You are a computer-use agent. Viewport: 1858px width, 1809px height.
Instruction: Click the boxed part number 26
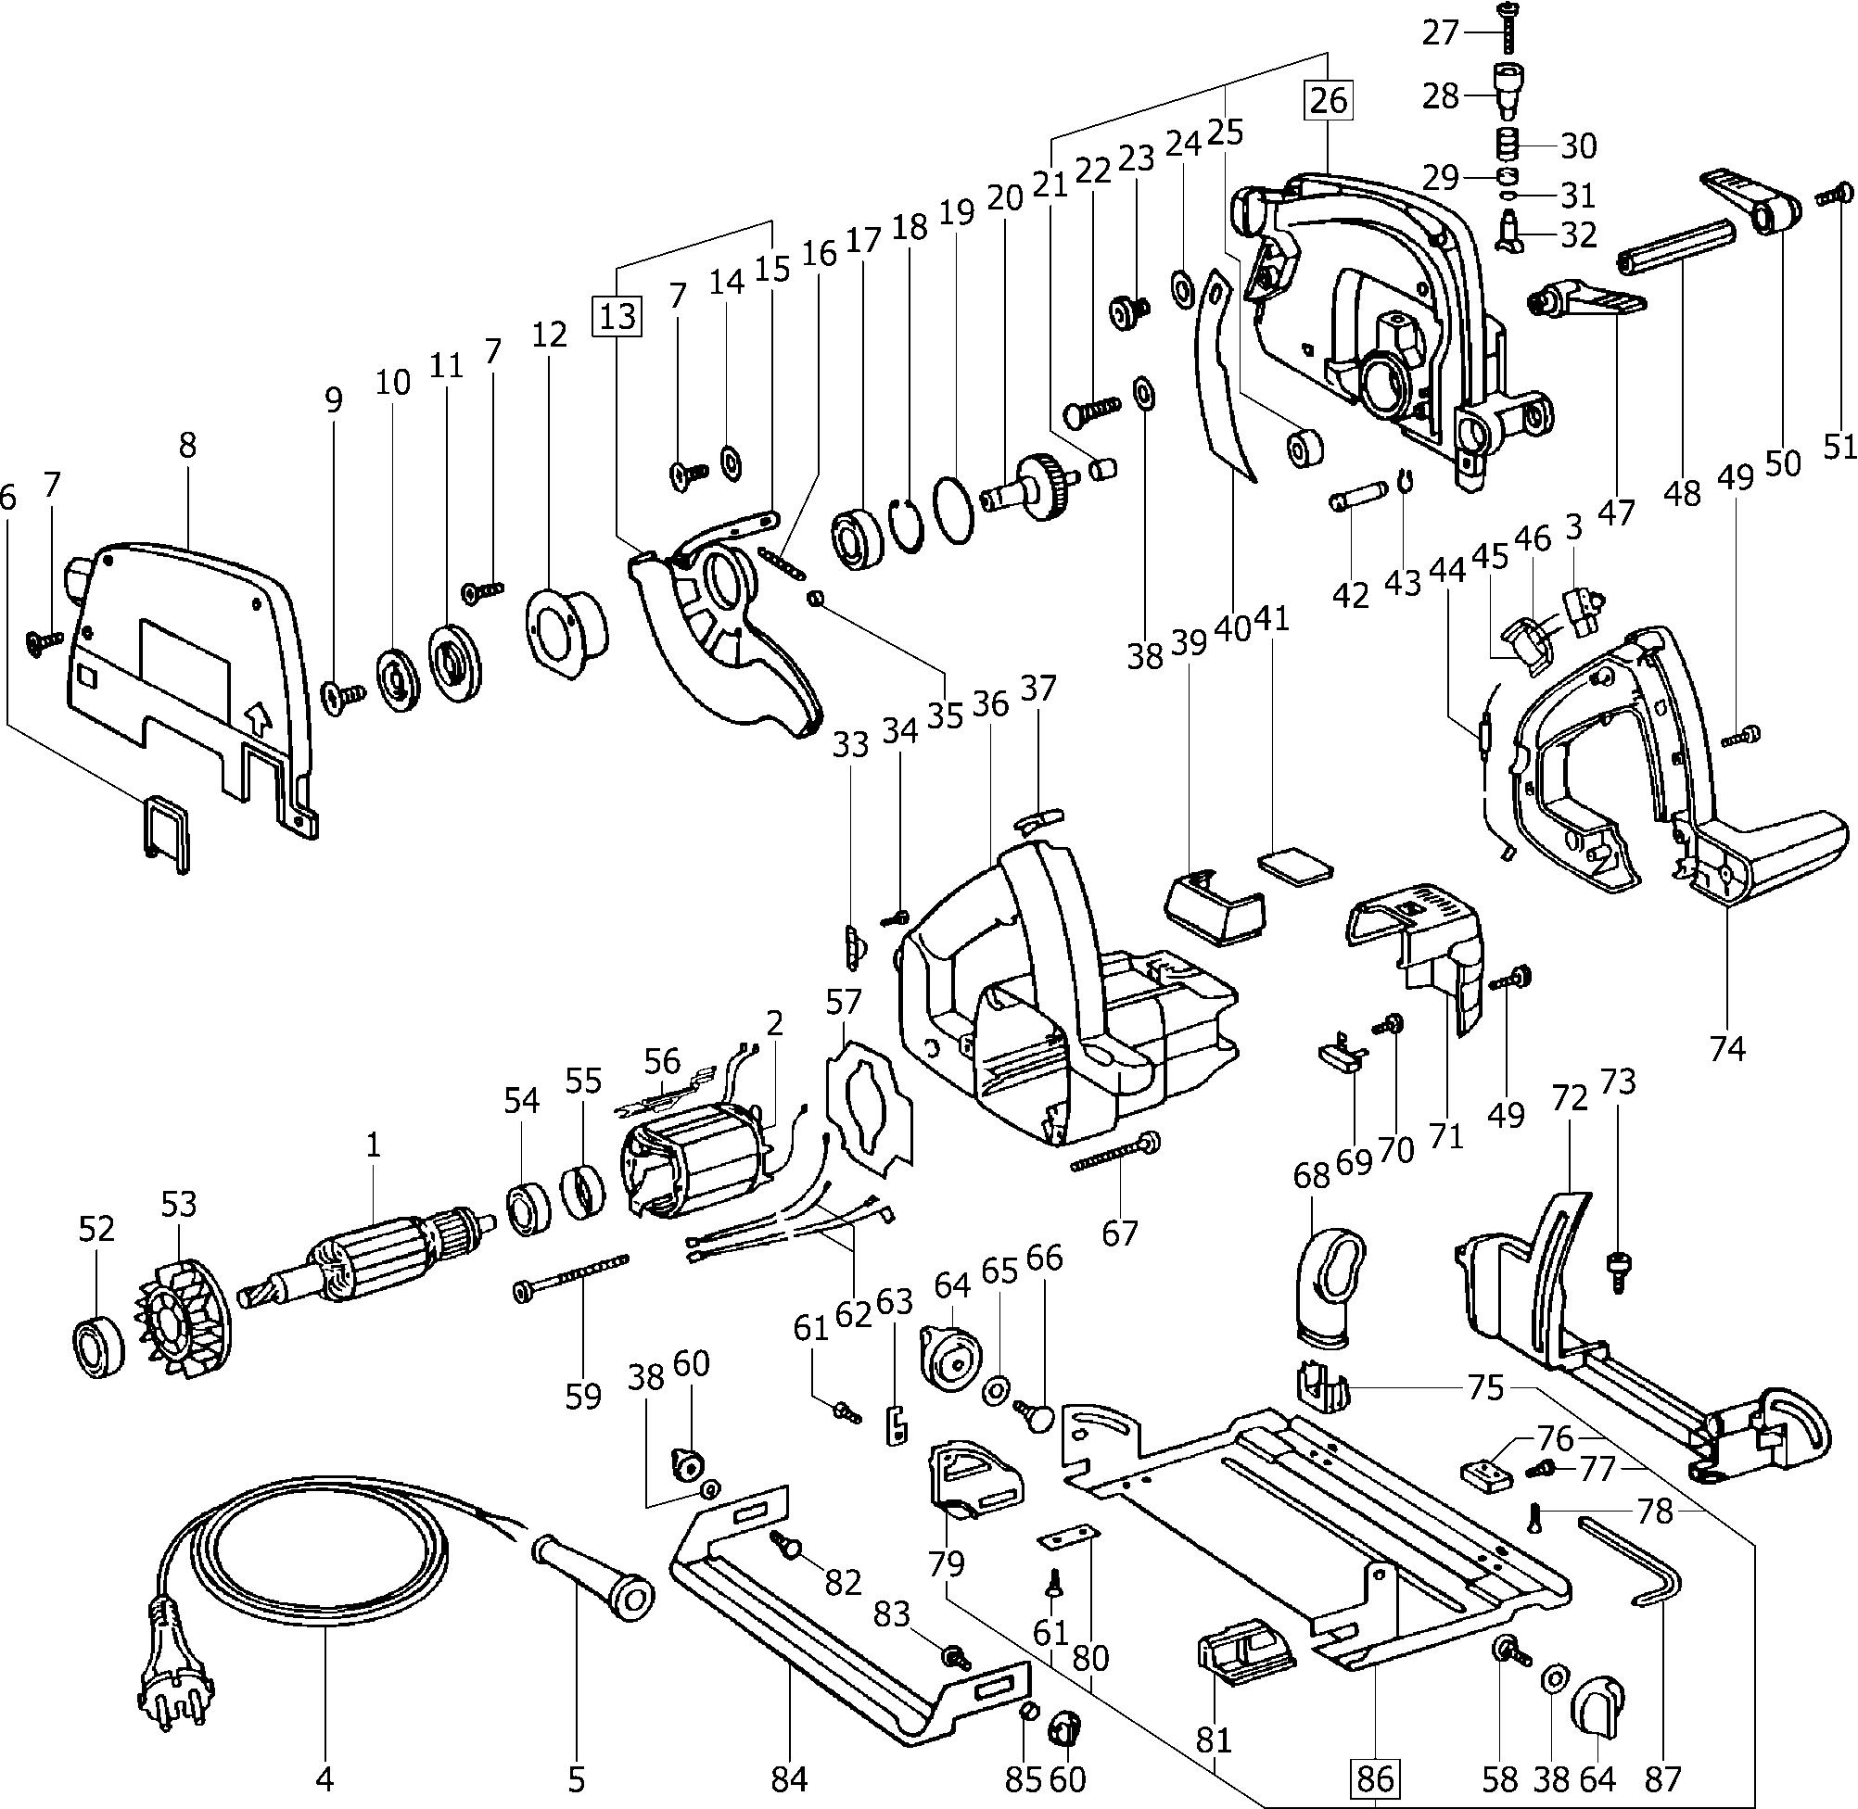point(1329,100)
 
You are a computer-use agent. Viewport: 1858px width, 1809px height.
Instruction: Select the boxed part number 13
point(617,315)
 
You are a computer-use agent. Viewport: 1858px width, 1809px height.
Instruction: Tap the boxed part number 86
point(1375,1777)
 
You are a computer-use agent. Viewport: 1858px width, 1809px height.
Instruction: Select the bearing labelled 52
point(98,1347)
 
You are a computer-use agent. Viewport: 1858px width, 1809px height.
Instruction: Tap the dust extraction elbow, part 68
point(1330,1288)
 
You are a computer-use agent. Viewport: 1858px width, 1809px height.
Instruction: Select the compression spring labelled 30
point(1509,145)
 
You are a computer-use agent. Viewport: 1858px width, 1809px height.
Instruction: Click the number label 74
point(1727,1048)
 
